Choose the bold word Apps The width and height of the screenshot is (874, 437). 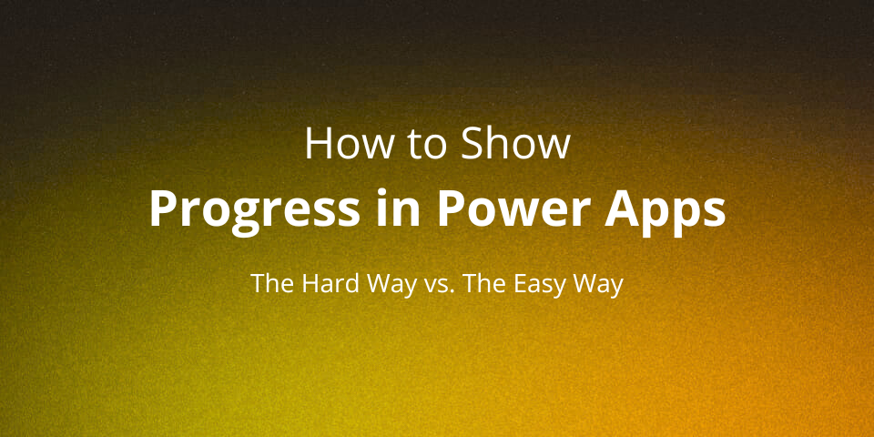point(675,209)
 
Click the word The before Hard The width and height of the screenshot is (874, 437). point(269,283)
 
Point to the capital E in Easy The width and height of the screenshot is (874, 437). point(515,283)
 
